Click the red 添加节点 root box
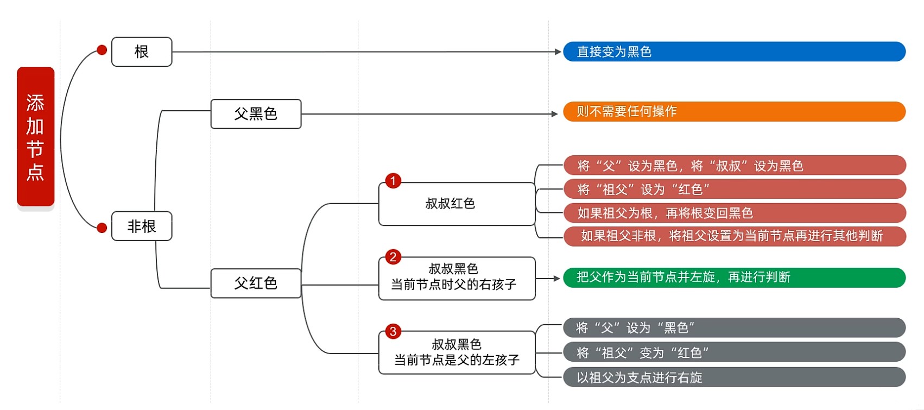tap(35, 137)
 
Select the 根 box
tap(142, 52)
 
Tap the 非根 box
tap(142, 226)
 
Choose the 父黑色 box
tap(256, 114)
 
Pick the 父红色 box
tap(256, 283)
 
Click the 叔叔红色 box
tap(456, 204)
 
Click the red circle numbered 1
tap(393, 181)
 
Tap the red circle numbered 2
tap(393, 257)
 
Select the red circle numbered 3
tap(393, 332)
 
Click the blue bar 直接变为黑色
tap(734, 52)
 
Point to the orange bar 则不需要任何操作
tap(734, 111)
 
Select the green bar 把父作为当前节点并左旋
tap(734, 277)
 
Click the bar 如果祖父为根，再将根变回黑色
tap(734, 213)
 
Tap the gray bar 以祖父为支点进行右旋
tap(734, 377)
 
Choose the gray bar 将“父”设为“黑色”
tap(734, 328)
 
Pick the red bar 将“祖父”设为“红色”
tap(734, 190)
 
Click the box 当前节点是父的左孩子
tap(456, 353)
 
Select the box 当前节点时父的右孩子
tap(456, 278)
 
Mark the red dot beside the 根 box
tap(102, 50)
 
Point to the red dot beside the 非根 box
tap(102, 228)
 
